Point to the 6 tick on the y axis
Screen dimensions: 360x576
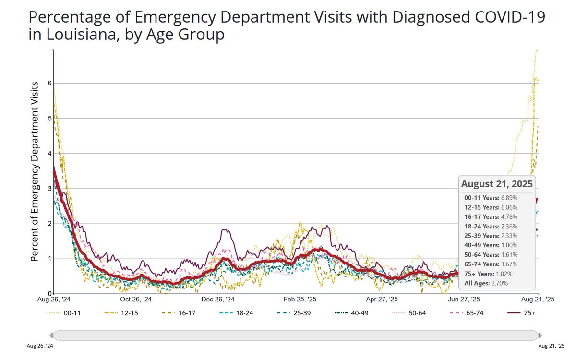(49, 84)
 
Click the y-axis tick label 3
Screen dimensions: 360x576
(49, 189)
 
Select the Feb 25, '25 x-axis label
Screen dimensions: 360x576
(300, 299)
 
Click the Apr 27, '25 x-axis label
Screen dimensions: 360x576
(382, 299)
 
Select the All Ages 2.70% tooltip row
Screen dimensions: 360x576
(486, 283)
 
